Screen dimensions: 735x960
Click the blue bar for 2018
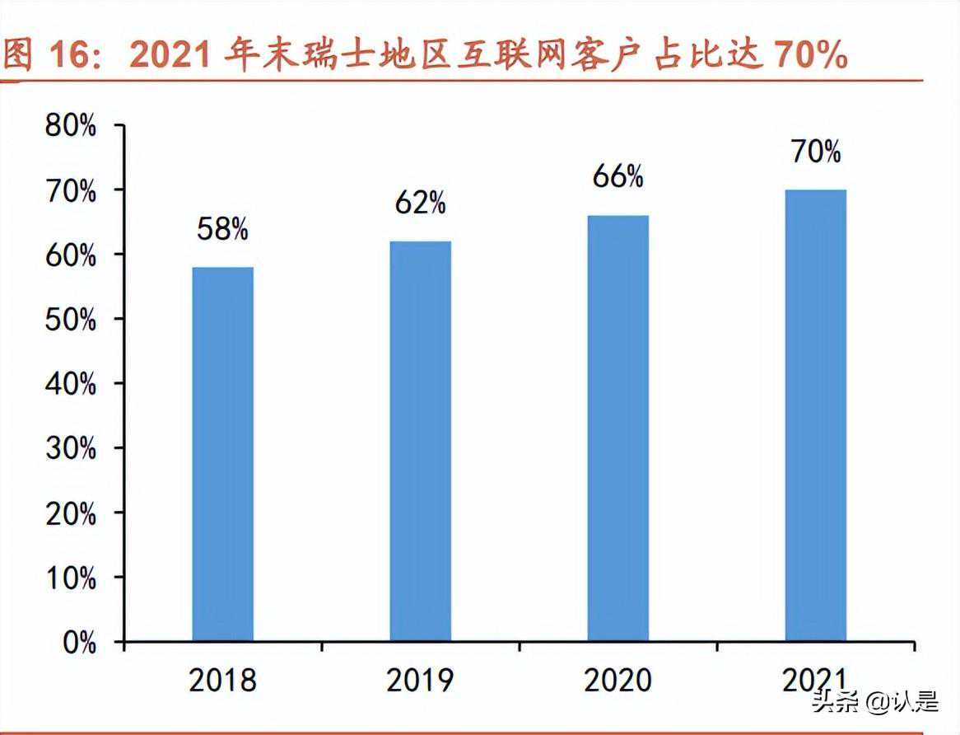tap(222, 454)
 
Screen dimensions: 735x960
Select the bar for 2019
tap(420, 441)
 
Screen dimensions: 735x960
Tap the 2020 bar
tap(617, 428)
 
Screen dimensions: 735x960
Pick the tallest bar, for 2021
tap(815, 415)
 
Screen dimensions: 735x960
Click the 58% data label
tap(222, 230)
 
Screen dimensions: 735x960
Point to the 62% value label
tap(420, 203)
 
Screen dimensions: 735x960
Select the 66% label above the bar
tap(617, 176)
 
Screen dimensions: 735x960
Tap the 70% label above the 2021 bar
tap(815, 152)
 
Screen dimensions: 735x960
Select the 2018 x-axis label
tap(222, 681)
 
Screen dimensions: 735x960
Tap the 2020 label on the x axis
tap(617, 681)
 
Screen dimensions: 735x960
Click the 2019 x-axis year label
tap(420, 681)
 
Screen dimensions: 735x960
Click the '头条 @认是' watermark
tap(874, 702)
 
